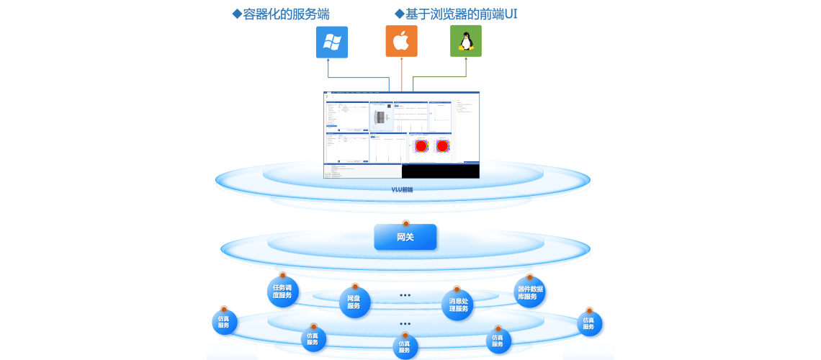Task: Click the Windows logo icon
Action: tap(332, 42)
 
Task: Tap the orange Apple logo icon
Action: tap(401, 42)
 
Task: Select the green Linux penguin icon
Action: tap(466, 42)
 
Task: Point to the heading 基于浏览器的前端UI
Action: tap(460, 14)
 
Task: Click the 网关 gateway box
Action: tap(405, 237)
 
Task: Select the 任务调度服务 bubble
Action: tap(282, 292)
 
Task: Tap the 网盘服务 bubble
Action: tap(354, 302)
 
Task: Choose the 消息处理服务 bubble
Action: tap(459, 305)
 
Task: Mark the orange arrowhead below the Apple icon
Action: tap(401, 60)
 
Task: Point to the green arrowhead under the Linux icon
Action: tap(466, 60)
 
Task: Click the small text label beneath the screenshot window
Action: tap(402, 190)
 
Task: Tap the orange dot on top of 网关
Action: tap(405, 223)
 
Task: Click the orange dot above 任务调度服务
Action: tap(282, 274)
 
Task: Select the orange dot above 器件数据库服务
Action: tap(530, 276)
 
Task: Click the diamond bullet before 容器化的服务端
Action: tap(235, 13)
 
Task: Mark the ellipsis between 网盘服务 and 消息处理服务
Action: tap(405, 295)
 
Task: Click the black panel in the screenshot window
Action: tap(440, 172)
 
